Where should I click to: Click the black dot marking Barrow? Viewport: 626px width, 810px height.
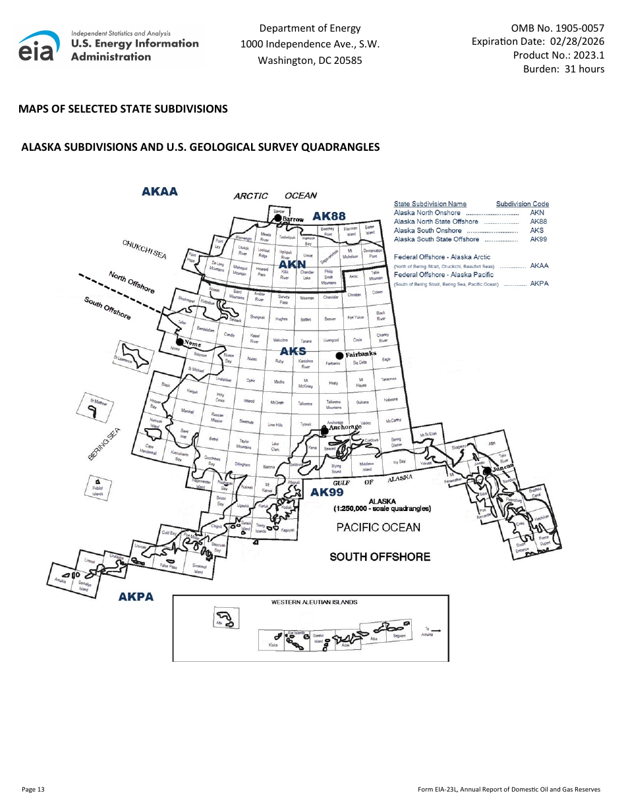point(278,218)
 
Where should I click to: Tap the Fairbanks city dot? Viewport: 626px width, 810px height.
point(339,356)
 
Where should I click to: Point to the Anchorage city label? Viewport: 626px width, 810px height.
point(345,427)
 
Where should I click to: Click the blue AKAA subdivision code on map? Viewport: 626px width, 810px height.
point(159,192)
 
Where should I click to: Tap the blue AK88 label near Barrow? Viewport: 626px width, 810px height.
point(329,217)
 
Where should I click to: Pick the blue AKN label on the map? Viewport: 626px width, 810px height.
point(293,264)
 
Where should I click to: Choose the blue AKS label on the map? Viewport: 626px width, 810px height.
point(293,351)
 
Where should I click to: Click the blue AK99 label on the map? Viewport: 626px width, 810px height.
point(327,492)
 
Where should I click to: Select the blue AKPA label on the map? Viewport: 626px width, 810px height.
point(136,597)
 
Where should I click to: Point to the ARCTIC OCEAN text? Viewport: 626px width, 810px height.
point(275,196)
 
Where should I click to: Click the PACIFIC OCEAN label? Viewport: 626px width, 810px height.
point(378,527)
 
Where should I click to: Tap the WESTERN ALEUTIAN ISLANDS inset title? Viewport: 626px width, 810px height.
point(314,602)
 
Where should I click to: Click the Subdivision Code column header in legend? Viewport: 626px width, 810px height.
point(522,204)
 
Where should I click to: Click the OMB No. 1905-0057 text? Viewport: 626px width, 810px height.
point(557,28)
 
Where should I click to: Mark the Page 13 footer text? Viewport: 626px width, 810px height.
point(33,789)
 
